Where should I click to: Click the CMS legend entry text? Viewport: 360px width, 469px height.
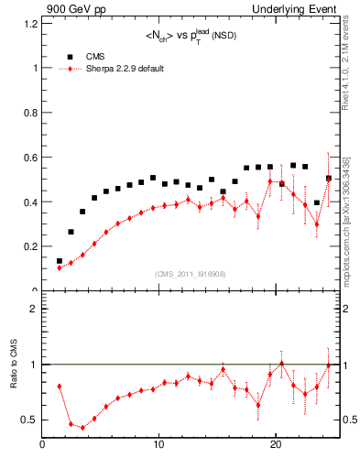coord(96,56)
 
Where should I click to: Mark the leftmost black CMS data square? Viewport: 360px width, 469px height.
coord(60,261)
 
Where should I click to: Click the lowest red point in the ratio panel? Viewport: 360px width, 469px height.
coord(82,427)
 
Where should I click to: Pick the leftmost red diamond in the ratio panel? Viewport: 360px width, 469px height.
coord(60,387)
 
